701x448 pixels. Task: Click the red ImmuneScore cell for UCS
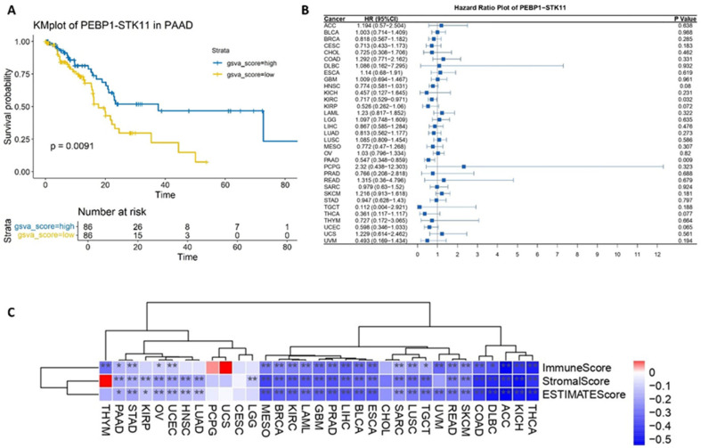click(x=226, y=366)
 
